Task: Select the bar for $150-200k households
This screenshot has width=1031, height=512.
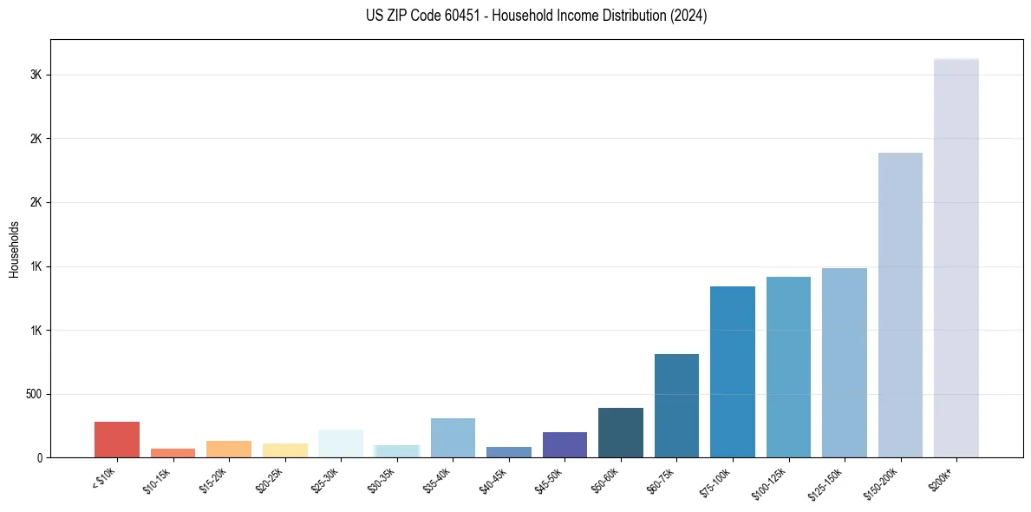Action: point(900,305)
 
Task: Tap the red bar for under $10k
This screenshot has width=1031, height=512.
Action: point(117,439)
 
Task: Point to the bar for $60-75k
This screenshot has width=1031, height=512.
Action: point(676,405)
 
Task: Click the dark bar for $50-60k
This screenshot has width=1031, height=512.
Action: point(621,432)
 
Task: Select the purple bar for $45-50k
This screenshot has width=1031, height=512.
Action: point(564,444)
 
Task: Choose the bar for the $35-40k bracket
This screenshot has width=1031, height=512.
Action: point(453,437)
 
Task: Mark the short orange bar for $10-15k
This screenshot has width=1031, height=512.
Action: point(173,453)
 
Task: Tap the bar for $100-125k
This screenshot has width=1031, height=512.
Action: point(788,367)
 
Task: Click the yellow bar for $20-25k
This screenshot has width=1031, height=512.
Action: point(284,450)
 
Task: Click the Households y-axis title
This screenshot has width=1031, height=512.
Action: point(15,249)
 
